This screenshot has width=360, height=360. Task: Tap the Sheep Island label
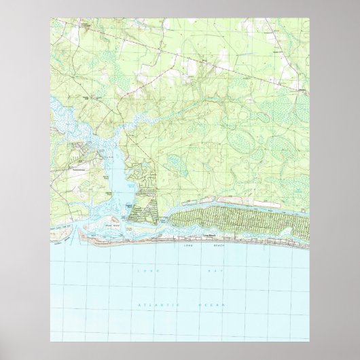pyautogui.click(x=111, y=219)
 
